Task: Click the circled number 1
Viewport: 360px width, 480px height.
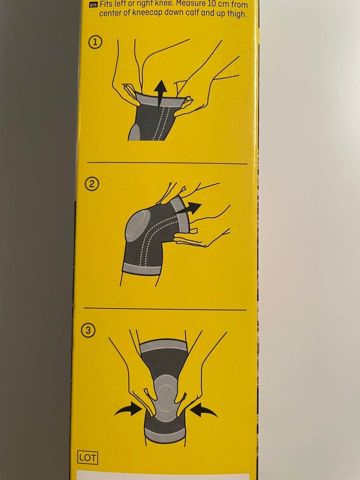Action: pos(95,42)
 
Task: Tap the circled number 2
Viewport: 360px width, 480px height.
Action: pos(92,184)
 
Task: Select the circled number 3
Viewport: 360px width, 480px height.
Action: pos(88,330)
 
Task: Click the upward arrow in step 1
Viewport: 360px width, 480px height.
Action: pos(160,94)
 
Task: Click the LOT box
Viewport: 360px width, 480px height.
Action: pos(88,457)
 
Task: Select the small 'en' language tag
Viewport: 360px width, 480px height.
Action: pos(93,5)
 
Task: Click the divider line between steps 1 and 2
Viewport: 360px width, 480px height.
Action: pos(167,163)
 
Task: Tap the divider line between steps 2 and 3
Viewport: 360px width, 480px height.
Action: pos(165,309)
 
